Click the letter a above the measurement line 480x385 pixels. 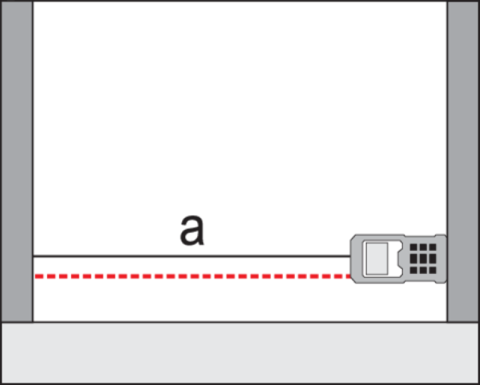coord(192,231)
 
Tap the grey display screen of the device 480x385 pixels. coord(377,259)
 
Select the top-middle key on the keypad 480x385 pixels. coord(423,247)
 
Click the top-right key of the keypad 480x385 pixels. coord(433,247)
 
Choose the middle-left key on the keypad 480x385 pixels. coord(413,259)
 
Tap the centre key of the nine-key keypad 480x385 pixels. coord(423,259)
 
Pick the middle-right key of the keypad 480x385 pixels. coord(433,259)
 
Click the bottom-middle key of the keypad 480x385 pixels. coord(423,270)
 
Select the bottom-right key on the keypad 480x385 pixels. coord(433,270)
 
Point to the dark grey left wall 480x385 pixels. coord(17,162)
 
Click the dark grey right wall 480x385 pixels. coord(463,162)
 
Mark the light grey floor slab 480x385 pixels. coord(240,353)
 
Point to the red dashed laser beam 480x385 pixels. coord(193,276)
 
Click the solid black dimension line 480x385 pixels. coord(192,256)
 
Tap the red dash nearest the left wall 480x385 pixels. coord(39,276)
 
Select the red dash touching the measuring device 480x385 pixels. coord(348,276)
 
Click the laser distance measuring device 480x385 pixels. coord(398,259)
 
